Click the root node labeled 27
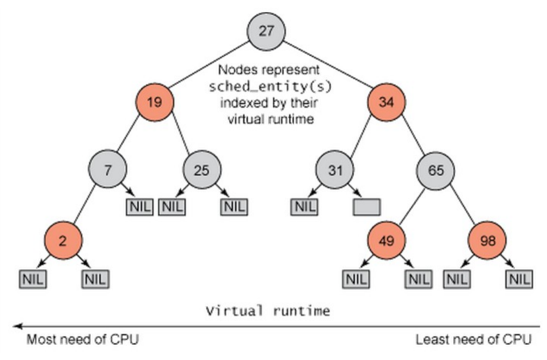pyautogui.click(x=266, y=31)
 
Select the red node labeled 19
pyautogui.click(x=155, y=102)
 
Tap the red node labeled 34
pyautogui.click(x=386, y=102)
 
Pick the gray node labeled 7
pyautogui.click(x=107, y=169)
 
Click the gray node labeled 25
pyautogui.click(x=202, y=169)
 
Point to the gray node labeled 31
pyautogui.click(x=335, y=169)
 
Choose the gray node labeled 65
pyautogui.click(x=436, y=170)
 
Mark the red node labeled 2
pyautogui.click(x=63, y=240)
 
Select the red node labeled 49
pyautogui.click(x=386, y=240)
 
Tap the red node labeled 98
pyautogui.click(x=487, y=240)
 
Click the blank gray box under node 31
pyautogui.click(x=367, y=207)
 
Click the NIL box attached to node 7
pyautogui.click(x=140, y=207)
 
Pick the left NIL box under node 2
pyautogui.click(x=33, y=279)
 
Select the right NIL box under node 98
pyautogui.click(x=519, y=279)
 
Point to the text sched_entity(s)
pyautogui.click(x=270, y=87)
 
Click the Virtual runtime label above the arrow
pyautogui.click(x=267, y=310)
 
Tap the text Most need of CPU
pyautogui.click(x=82, y=339)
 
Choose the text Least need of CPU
pyautogui.click(x=473, y=339)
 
